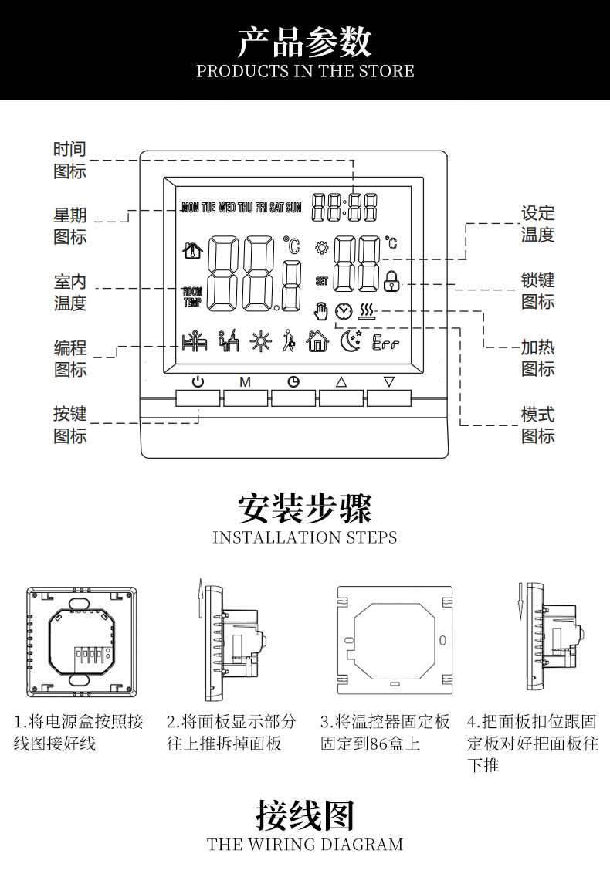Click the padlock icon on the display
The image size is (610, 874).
coord(392,280)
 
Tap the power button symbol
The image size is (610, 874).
coord(198,381)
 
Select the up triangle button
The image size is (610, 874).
coord(341,381)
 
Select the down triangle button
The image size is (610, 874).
coord(389,381)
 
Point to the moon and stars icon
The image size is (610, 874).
coord(351,340)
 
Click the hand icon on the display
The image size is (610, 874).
coord(321,310)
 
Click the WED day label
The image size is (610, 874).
coord(227,208)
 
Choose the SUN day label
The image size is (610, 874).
coord(294,208)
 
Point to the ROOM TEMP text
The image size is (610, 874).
coord(191,297)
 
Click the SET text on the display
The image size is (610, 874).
coord(321,282)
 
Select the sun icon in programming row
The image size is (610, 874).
coord(260,342)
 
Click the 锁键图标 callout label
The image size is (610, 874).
coord(537,291)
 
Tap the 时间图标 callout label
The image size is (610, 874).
coord(69,160)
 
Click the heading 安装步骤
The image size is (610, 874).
coord(304,509)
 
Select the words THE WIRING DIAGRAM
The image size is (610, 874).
coord(305,845)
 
